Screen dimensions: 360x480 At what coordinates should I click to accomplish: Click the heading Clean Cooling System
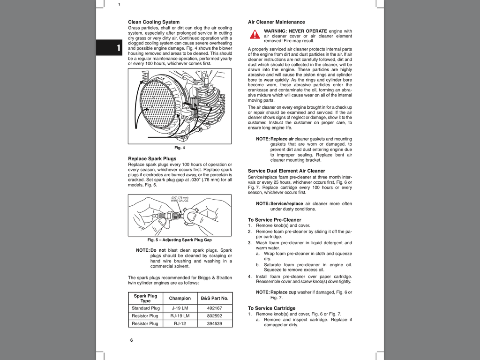coord(154,22)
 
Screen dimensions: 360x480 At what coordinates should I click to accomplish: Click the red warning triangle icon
coord(255,34)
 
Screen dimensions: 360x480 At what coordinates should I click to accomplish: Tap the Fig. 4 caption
coord(180,148)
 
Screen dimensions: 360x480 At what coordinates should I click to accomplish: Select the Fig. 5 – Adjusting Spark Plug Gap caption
coord(180,240)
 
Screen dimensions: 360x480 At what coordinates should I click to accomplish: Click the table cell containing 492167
coord(214,308)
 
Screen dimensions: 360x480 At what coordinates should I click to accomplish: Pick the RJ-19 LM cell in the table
coord(180,316)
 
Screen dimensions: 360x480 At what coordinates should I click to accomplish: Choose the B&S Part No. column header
coord(214,298)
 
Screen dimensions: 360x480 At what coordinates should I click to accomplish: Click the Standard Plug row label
coord(146,308)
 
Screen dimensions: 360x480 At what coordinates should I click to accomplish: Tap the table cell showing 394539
coord(214,323)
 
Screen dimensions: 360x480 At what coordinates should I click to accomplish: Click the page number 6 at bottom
coord(131,340)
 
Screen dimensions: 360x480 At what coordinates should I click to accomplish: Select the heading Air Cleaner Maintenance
coord(276,22)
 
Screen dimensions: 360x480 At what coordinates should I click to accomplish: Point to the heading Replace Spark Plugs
coord(152,159)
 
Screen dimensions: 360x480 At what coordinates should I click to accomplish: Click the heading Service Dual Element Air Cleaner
coord(286,171)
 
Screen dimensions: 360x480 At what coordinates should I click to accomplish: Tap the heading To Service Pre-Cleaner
coord(274,220)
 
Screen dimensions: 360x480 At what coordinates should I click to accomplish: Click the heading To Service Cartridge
coord(271,308)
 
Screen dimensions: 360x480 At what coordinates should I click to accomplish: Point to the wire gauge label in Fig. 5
coord(180,199)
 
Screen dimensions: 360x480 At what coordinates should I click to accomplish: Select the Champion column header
coord(180,298)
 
